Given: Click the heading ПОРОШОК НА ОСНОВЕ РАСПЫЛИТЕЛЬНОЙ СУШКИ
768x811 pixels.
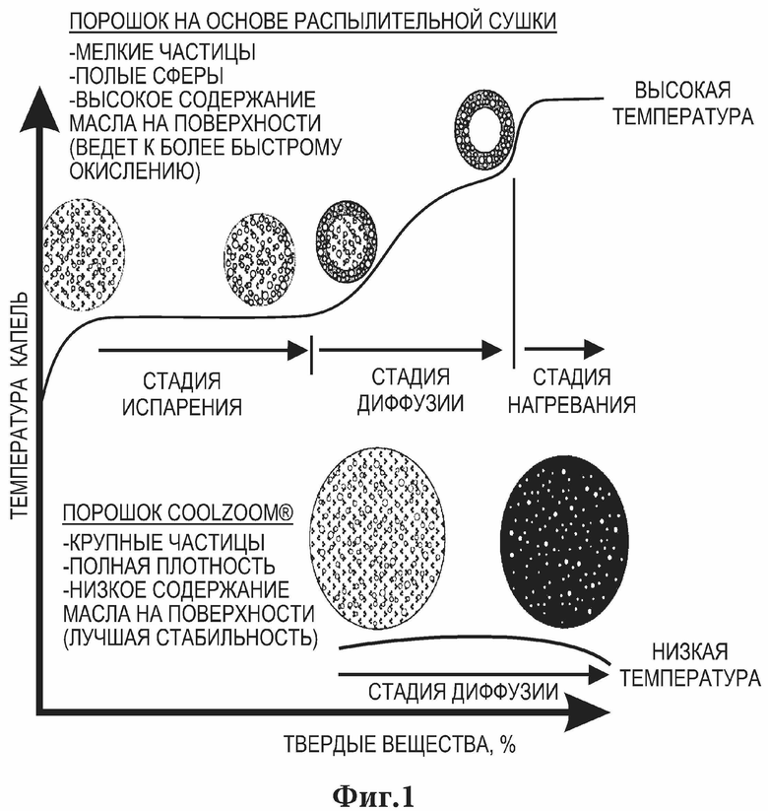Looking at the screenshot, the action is coord(313,22).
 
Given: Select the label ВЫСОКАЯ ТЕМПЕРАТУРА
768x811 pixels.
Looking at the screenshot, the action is coord(682,103).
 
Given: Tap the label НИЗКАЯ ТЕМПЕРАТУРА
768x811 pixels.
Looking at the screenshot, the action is coord(690,664).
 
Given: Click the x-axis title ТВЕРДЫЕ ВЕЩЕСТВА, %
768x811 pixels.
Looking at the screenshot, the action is coord(400,745).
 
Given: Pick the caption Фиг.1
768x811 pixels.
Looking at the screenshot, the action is coord(373,796).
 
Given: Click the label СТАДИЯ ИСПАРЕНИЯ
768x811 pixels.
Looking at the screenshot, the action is coord(182,394).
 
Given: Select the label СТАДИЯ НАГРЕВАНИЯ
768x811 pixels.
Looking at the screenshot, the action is coord(572,391).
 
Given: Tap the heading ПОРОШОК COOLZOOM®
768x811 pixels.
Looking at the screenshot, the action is coord(178,512).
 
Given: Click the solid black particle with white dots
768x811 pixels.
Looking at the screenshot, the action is coord(565,542).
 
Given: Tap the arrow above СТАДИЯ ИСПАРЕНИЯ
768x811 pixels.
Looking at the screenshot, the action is coord(204,351).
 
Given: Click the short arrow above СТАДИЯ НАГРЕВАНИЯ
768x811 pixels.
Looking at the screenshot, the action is coord(564,349).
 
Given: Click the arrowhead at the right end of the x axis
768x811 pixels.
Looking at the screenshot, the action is coord(590,712).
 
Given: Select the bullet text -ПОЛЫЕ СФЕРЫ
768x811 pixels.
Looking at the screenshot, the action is coord(147,76).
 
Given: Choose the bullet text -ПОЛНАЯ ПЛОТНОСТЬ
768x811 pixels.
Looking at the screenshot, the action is coord(168,566).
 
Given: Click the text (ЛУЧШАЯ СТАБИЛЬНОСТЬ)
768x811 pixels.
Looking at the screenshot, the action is coord(190,638).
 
